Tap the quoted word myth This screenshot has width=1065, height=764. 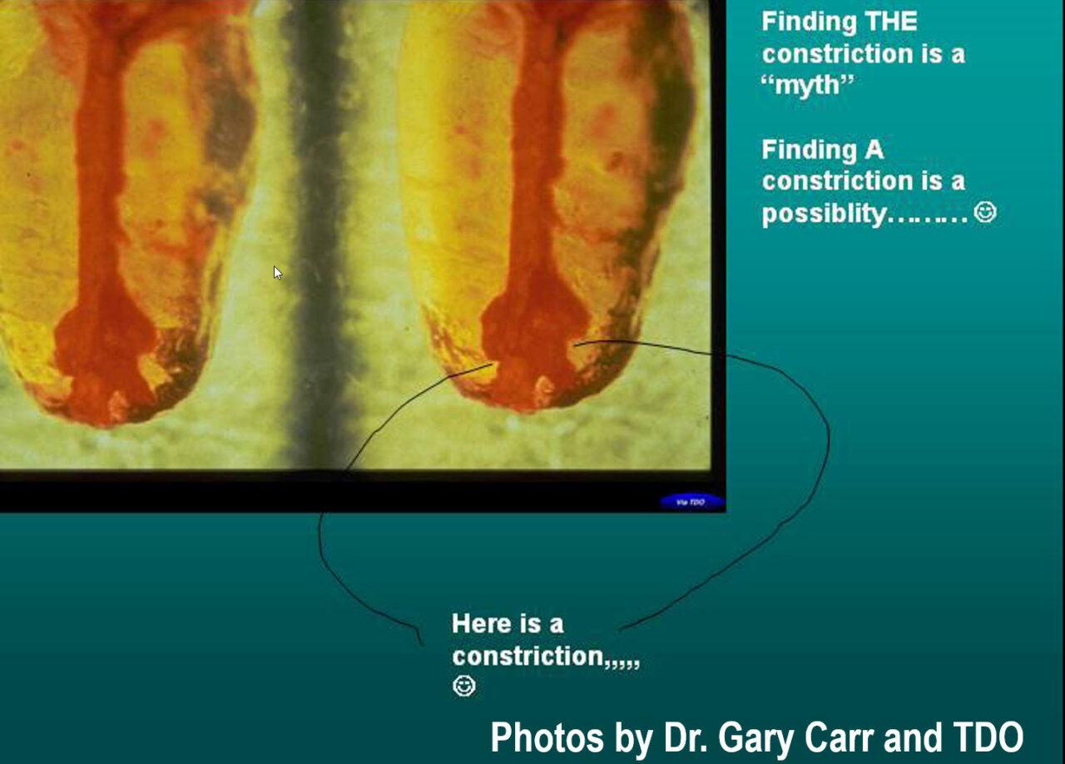[x=807, y=86]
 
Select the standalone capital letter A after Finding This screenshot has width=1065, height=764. [x=874, y=150]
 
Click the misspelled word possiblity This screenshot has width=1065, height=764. [x=824, y=214]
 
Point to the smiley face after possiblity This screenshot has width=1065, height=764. [x=984, y=211]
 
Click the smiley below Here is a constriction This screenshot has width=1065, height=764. [x=463, y=686]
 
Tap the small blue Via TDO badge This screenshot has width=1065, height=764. [x=692, y=502]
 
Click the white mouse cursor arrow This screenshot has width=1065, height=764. [x=278, y=273]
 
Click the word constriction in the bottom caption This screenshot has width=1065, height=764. [x=528, y=656]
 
